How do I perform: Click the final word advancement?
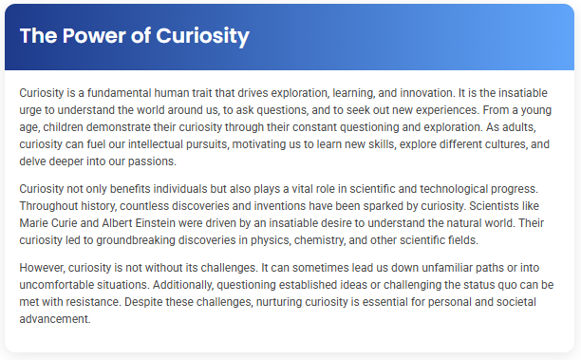54,318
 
